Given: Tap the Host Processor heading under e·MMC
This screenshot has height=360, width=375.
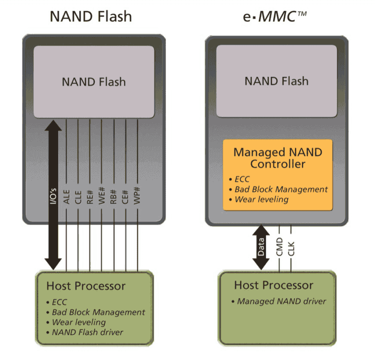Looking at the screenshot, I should tap(273, 285).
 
